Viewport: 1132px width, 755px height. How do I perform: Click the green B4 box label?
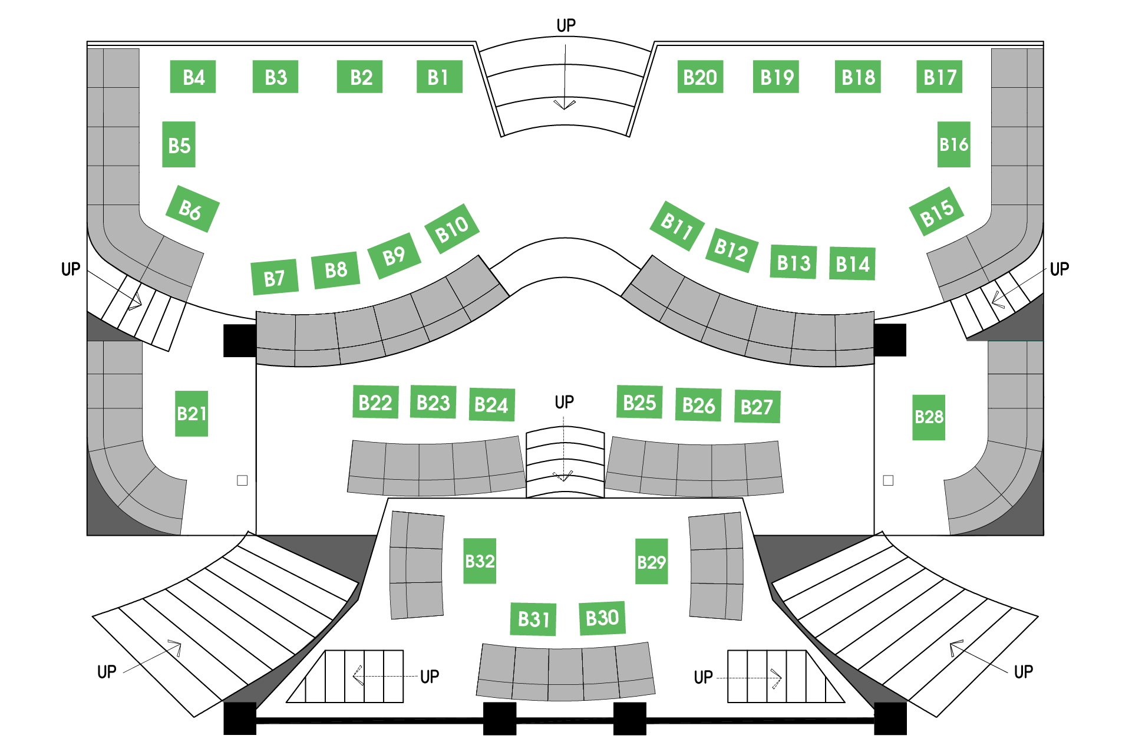pyautogui.click(x=193, y=77)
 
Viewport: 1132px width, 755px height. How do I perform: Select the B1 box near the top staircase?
pyautogui.click(x=439, y=77)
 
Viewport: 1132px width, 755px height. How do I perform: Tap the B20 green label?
pyautogui.click(x=700, y=77)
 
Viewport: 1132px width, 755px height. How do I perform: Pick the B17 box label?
pyautogui.click(x=939, y=77)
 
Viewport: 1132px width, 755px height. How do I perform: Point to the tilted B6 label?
pyautogui.click(x=192, y=209)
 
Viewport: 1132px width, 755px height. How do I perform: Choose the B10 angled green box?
pyautogui.click(x=452, y=229)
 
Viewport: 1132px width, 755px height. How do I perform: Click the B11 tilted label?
pyautogui.click(x=677, y=226)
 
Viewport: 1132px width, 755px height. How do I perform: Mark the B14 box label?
pyautogui.click(x=852, y=263)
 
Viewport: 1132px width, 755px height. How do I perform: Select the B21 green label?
pyautogui.click(x=192, y=413)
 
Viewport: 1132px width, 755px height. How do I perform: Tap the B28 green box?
pyautogui.click(x=929, y=417)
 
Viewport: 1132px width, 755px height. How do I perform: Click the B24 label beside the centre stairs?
pyautogui.click(x=491, y=404)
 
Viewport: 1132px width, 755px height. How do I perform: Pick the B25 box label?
pyautogui.click(x=639, y=402)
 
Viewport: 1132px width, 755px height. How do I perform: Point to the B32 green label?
pyautogui.click(x=480, y=561)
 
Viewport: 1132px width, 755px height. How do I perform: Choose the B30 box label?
pyautogui.click(x=602, y=618)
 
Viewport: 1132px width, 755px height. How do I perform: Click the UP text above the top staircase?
pyautogui.click(x=566, y=25)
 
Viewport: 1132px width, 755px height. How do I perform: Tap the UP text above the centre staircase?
pyautogui.click(x=564, y=402)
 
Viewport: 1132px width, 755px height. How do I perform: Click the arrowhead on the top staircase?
pyautogui.click(x=565, y=105)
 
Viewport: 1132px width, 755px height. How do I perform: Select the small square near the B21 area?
pyautogui.click(x=242, y=480)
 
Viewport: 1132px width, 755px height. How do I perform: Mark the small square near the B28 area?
pyautogui.click(x=888, y=480)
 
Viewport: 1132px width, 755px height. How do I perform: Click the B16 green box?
pyautogui.click(x=954, y=144)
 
